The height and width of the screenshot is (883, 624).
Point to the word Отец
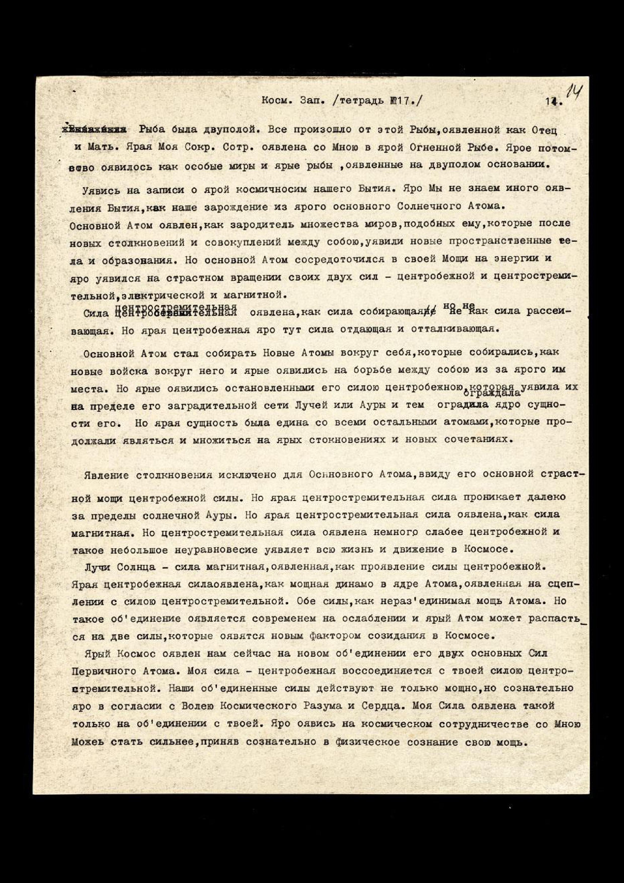tap(544, 130)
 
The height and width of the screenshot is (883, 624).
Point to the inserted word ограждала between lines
tap(492, 393)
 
